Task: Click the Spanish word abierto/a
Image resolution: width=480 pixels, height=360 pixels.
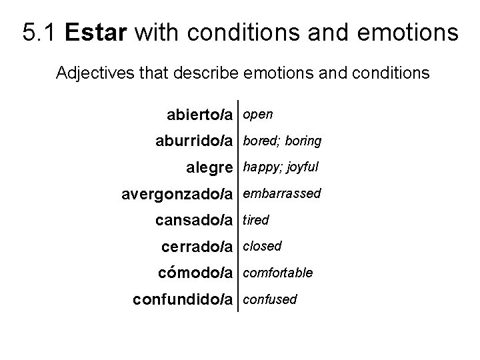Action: pos(199,115)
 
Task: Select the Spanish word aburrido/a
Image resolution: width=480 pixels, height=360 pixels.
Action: pos(193,141)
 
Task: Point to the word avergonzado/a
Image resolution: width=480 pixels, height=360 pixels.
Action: pos(177,194)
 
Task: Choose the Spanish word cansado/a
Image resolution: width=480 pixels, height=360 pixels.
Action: pos(194,220)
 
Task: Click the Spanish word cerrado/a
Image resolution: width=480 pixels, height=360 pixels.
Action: pos(197,247)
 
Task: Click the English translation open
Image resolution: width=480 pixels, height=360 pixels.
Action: pos(258,115)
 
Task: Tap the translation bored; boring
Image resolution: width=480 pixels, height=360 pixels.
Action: pos(282,141)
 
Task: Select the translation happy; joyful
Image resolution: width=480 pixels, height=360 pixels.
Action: pos(281,167)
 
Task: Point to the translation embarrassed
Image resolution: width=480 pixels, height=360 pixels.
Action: pos(282,193)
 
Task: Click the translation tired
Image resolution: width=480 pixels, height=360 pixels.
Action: pos(256,219)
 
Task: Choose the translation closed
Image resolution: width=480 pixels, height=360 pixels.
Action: pos(262,246)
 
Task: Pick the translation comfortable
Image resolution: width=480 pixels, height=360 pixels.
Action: pos(277,273)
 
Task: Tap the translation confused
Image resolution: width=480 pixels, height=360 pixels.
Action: pos(270,299)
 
